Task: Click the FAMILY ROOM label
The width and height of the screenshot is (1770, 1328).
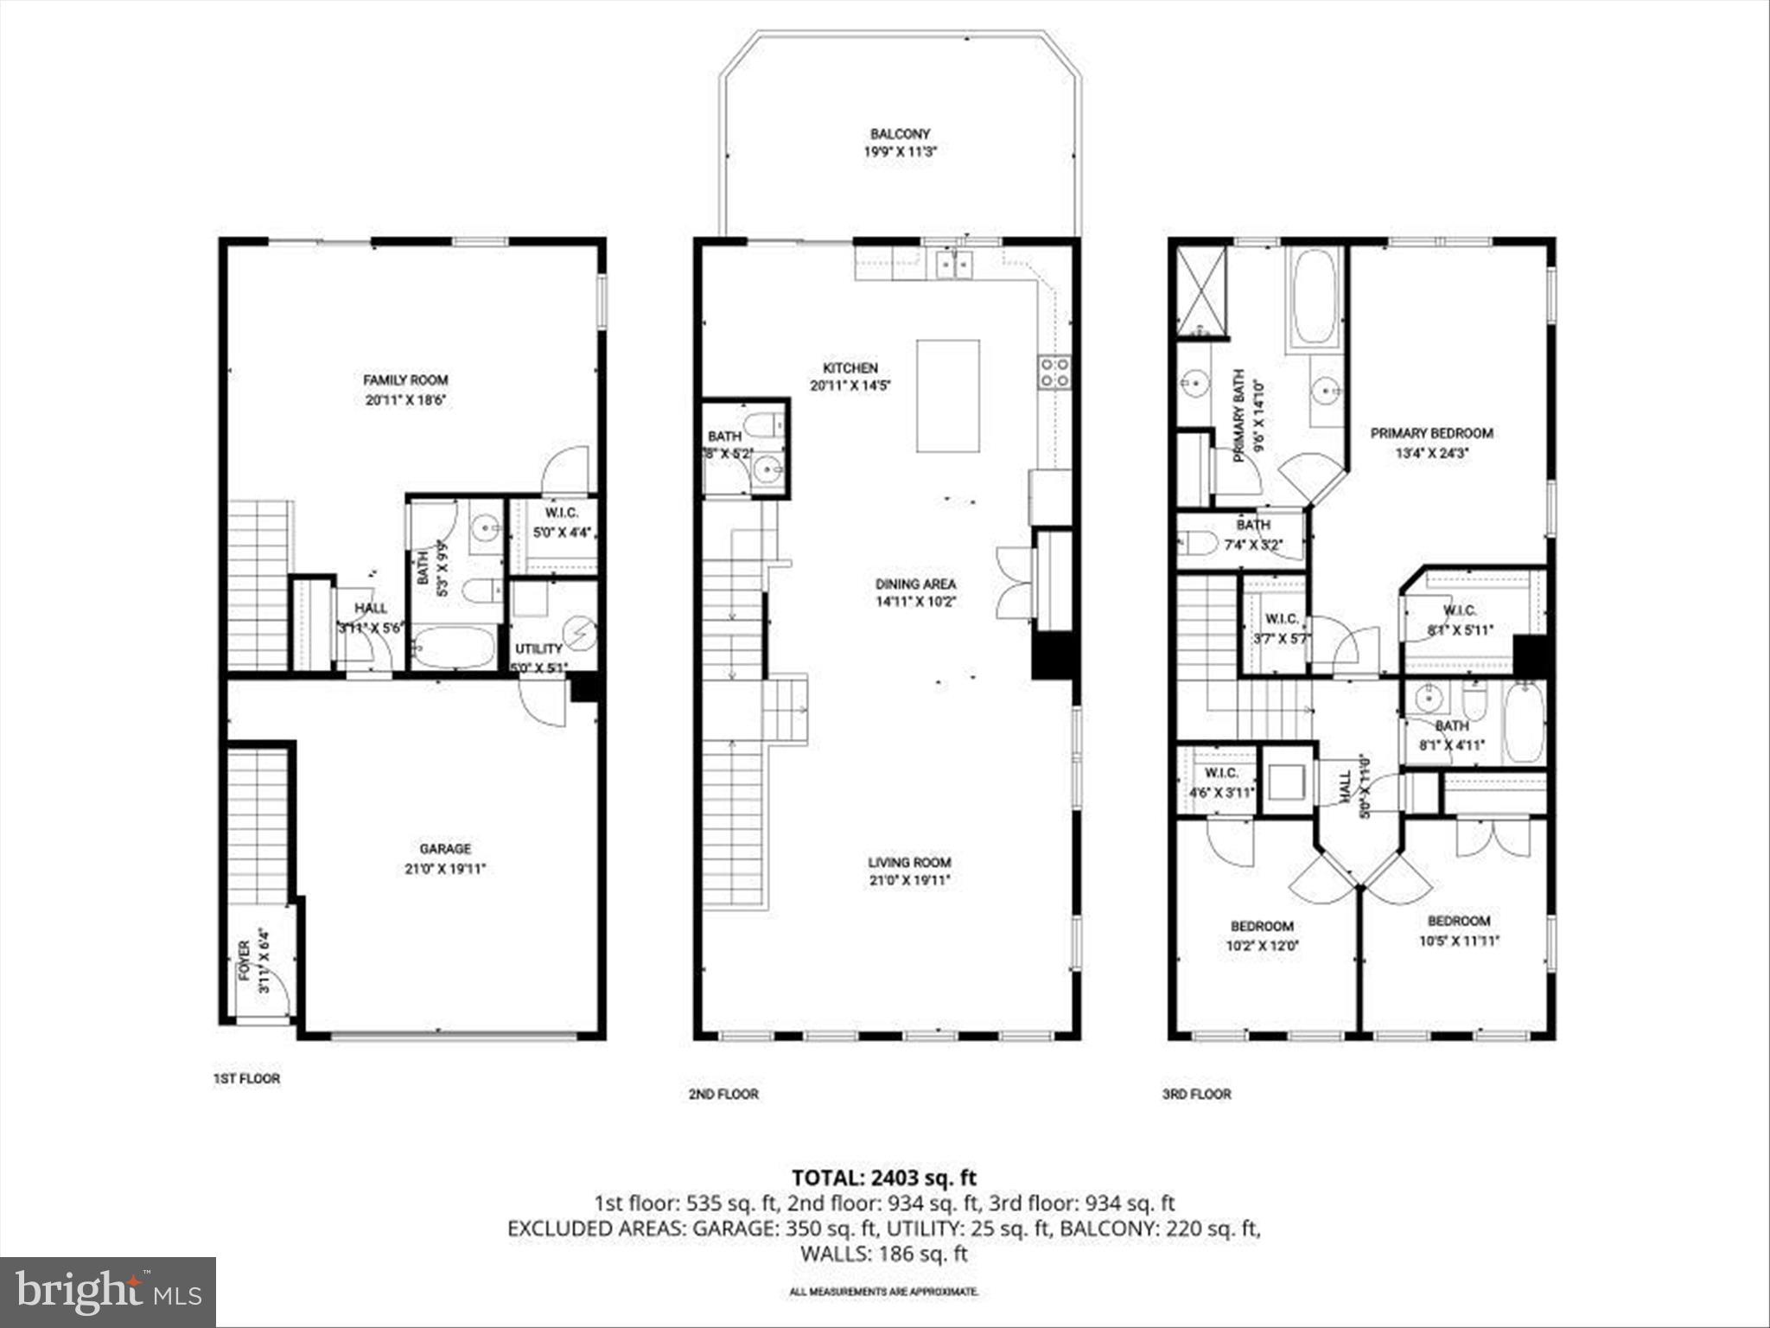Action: tap(405, 380)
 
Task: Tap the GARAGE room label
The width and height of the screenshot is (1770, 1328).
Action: tap(445, 848)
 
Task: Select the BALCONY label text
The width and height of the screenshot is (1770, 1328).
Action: tap(900, 134)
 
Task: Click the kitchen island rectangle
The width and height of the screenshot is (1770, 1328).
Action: tap(948, 395)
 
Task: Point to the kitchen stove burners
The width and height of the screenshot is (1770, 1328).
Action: tap(1054, 373)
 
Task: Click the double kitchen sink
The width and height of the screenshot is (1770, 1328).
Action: tap(953, 265)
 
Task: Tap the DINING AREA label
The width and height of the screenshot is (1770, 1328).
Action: tap(915, 584)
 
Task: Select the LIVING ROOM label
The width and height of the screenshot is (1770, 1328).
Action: tap(909, 862)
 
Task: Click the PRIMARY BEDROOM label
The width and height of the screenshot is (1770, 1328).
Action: tap(1431, 433)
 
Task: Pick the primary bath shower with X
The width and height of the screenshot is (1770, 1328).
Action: tap(1201, 290)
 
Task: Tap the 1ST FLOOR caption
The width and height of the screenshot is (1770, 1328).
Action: tap(247, 1079)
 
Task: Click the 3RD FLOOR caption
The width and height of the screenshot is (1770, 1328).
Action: tap(1196, 1094)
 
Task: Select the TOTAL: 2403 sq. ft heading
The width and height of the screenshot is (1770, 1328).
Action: tap(884, 1178)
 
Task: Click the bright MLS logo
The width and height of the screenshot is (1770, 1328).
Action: tap(108, 1292)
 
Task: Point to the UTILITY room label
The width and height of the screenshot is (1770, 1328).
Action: tap(538, 648)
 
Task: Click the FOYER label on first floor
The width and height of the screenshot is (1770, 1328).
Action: tap(245, 960)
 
